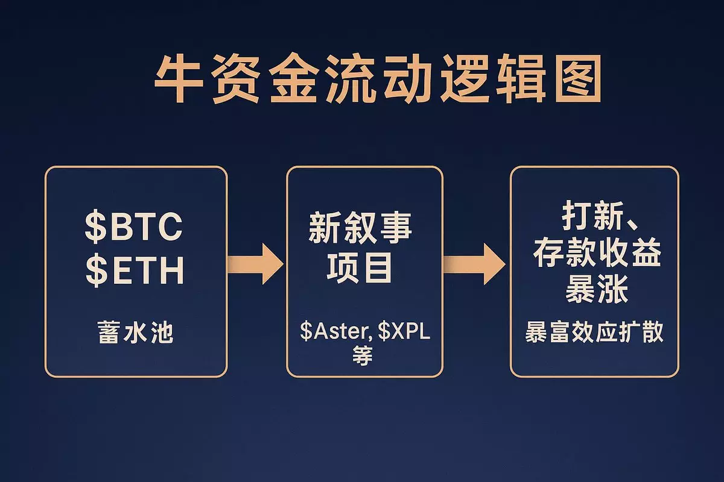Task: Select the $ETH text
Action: coord(134,271)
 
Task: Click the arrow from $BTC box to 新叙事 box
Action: coord(255,263)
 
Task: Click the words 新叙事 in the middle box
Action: coord(360,230)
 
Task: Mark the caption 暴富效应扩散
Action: coord(595,332)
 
